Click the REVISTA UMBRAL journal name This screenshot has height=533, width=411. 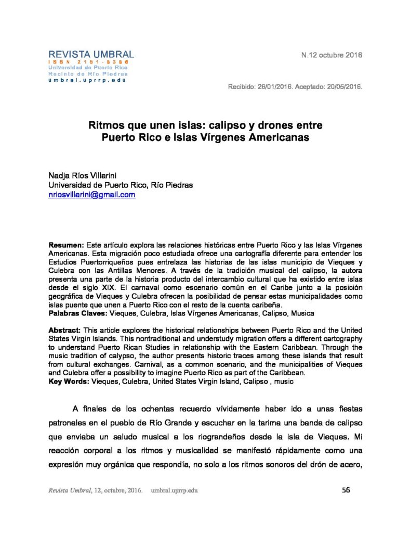point(91,54)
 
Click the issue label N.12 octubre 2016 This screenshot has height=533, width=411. point(332,55)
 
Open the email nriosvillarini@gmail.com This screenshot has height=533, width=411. point(92,195)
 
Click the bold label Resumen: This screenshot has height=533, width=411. point(65,245)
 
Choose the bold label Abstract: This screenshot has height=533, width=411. point(65,331)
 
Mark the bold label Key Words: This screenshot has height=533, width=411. point(69,382)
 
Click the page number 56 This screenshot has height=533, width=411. point(346,489)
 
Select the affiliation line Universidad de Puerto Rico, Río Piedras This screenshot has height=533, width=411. point(120,185)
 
